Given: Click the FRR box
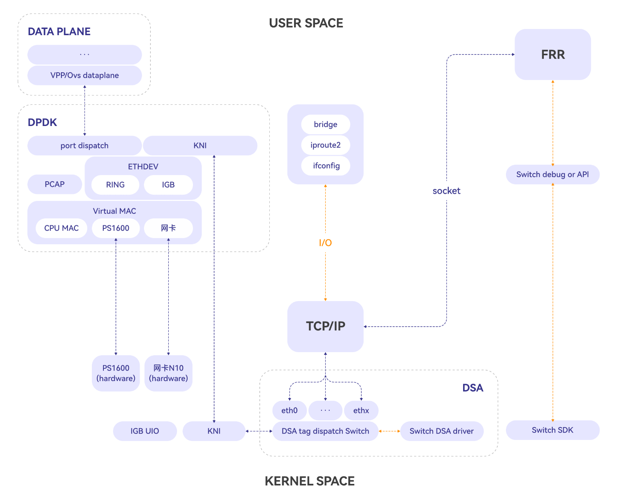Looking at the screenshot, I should click(x=553, y=54).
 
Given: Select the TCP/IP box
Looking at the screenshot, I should click(x=325, y=326).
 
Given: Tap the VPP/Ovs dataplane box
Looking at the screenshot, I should click(x=85, y=75).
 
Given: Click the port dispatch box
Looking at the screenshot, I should click(x=85, y=146).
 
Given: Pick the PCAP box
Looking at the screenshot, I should click(x=54, y=184).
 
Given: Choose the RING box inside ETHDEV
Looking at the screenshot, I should click(x=115, y=185).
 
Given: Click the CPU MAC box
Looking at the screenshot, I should click(x=61, y=228).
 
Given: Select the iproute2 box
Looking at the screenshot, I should click(x=325, y=145).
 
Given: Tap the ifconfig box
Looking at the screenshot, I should click(x=326, y=166).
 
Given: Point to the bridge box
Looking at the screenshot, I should click(x=325, y=124).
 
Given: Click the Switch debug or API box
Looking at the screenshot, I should click(x=552, y=175).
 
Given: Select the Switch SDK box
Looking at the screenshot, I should click(x=552, y=430).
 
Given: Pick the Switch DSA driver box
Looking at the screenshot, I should click(x=441, y=431).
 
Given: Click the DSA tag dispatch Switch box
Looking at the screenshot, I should click(x=325, y=431).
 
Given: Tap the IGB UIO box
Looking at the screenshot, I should click(x=145, y=431).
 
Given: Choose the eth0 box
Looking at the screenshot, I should click(x=289, y=410).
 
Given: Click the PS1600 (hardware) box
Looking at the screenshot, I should click(x=116, y=373).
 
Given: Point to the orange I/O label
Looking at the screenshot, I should click(x=325, y=243).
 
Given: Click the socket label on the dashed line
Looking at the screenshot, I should click(x=446, y=191).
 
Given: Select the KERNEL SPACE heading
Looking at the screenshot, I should click(x=309, y=481).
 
